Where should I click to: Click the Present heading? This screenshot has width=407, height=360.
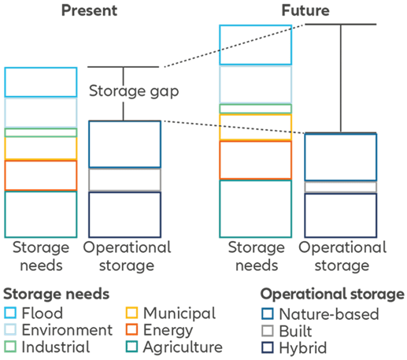point(89,10)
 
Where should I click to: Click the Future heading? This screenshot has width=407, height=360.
point(305,10)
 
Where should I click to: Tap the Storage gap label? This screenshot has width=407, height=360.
point(134,91)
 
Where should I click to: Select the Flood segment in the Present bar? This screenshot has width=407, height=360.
point(41,68)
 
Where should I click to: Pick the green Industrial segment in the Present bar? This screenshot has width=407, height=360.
point(41,128)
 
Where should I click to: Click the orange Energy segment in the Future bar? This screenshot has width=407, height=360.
point(255,142)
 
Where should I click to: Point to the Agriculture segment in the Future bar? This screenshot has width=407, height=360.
point(255,180)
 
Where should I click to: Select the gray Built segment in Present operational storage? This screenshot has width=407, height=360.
point(124,169)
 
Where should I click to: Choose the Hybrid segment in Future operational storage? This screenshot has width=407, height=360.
point(341,194)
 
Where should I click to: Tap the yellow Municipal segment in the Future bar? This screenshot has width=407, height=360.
point(255,115)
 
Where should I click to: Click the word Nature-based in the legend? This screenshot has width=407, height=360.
point(329,314)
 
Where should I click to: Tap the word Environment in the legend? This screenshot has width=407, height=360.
point(67,330)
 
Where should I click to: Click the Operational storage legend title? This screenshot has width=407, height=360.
point(332,294)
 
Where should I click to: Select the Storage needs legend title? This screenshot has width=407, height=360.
point(57,294)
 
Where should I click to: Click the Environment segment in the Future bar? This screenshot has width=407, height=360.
point(255,67)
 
